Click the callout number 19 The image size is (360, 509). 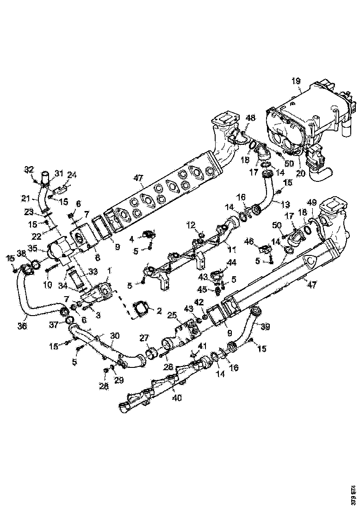[x=296, y=81]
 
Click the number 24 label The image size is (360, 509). [x=72, y=174]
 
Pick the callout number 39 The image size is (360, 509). [x=265, y=327]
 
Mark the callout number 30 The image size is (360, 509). [x=114, y=335]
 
